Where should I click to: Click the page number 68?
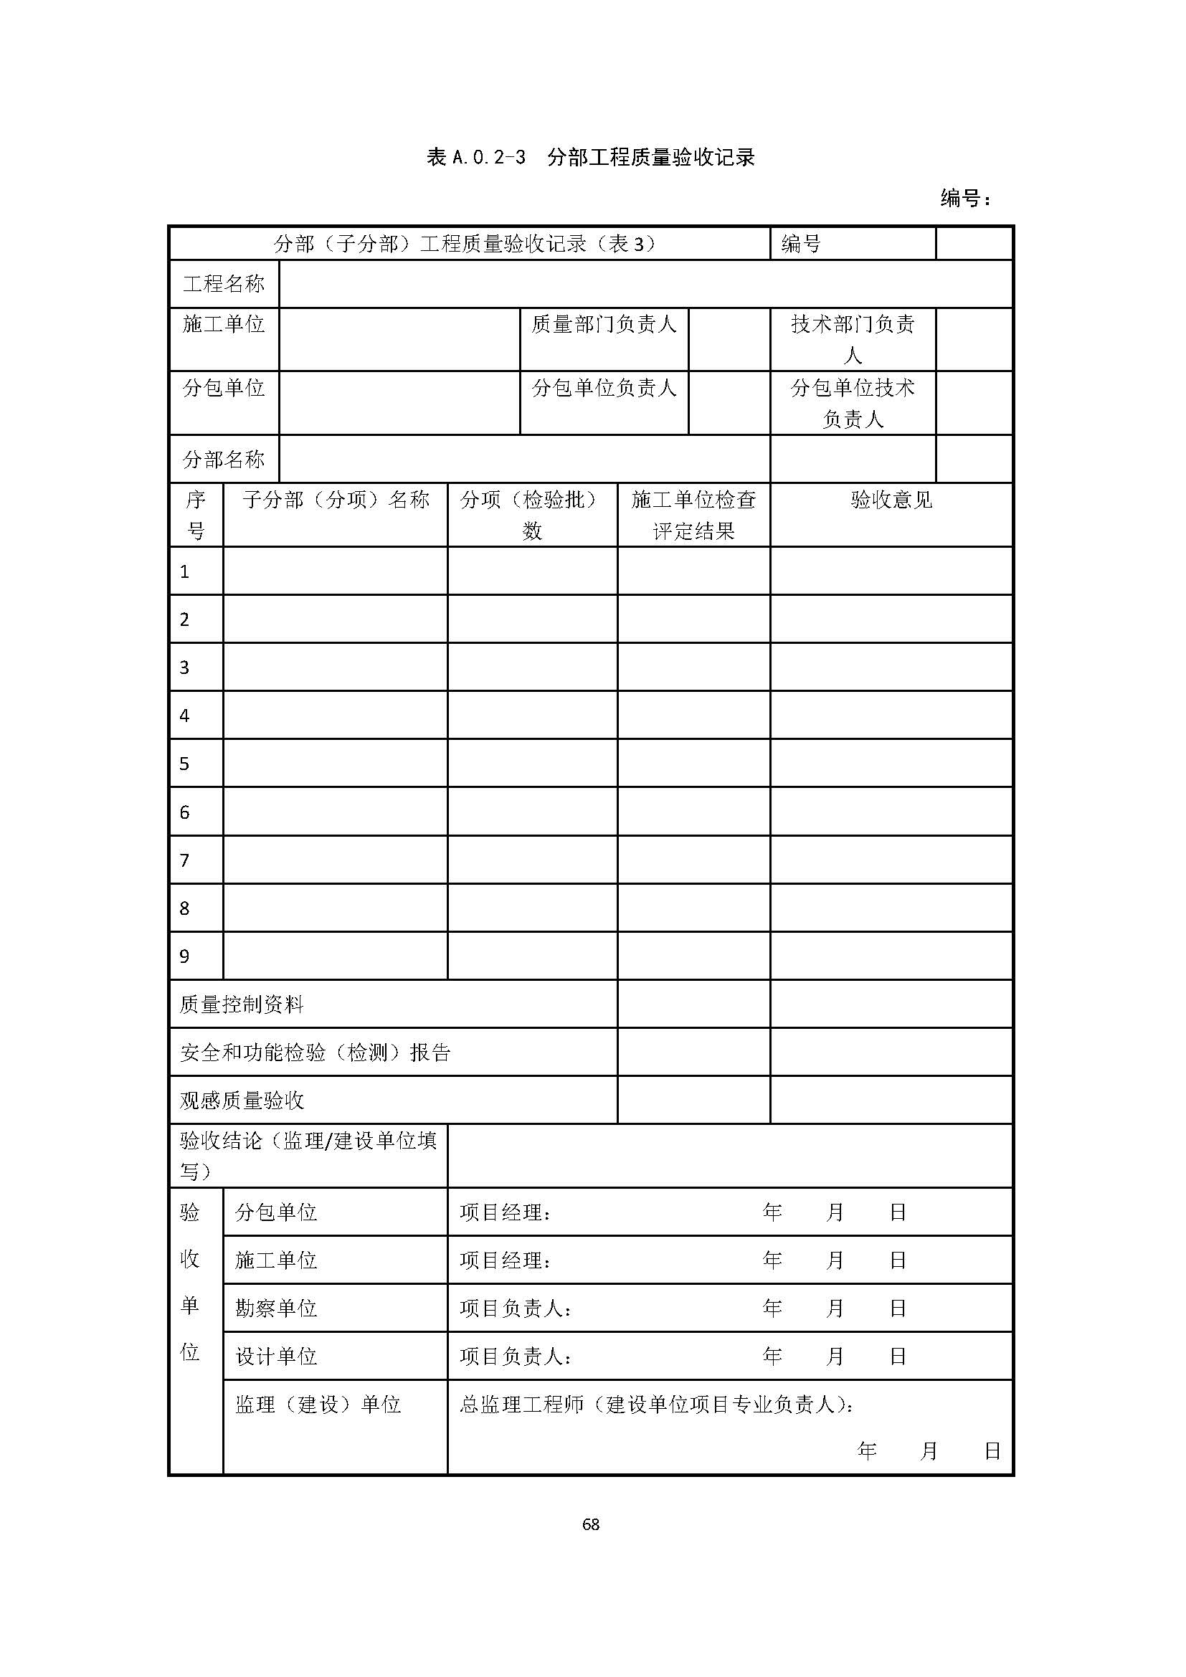[x=591, y=1524]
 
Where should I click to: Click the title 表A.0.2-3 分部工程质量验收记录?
[x=591, y=157]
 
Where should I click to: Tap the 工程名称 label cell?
[x=224, y=283]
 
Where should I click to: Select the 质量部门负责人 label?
[x=604, y=324]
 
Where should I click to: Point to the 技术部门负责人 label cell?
[x=853, y=339]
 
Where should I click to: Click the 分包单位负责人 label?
[x=604, y=388]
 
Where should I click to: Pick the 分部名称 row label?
[x=224, y=460]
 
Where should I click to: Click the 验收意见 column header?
[x=891, y=500]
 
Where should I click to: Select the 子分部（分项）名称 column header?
[x=335, y=500]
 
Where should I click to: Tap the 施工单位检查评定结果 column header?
[x=693, y=515]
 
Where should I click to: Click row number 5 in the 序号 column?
[x=185, y=764]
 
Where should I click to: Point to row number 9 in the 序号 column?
[x=185, y=957]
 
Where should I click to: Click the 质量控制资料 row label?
[x=242, y=1005]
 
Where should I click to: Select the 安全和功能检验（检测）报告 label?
[x=316, y=1053]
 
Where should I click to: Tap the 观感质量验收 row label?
[x=242, y=1101]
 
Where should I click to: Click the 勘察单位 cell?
[x=276, y=1308]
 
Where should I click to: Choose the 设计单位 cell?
[x=276, y=1357]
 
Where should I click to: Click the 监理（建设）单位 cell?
[x=318, y=1405]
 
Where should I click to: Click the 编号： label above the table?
[x=965, y=198]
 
